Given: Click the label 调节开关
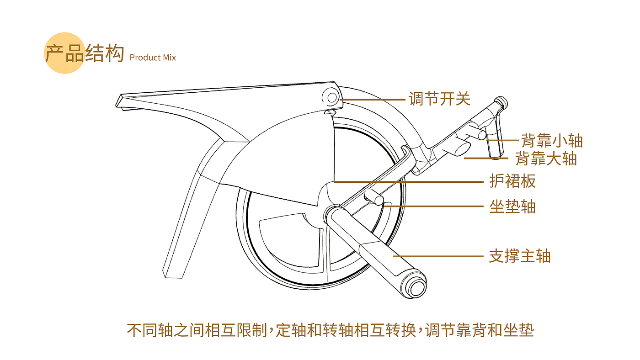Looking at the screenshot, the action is click(439, 99).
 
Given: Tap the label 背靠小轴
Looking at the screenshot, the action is click(552, 140).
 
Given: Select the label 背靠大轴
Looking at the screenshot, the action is click(546, 159).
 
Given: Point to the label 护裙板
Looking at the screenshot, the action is click(512, 181).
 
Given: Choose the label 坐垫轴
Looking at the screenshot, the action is click(512, 206).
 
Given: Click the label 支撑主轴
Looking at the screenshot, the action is click(520, 256).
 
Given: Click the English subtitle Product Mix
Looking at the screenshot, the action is click(153, 58).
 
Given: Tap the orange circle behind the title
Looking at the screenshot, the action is click(65, 53).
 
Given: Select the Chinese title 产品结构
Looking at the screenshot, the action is click(85, 53).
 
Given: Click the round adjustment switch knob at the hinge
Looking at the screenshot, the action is click(332, 98).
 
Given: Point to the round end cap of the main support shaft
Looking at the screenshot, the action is click(415, 287).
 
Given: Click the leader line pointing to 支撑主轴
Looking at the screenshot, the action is click(438, 256).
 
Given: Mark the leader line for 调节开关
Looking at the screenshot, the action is click(373, 100).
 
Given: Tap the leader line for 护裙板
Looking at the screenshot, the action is click(409, 182).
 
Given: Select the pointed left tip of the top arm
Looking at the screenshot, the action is click(117, 105).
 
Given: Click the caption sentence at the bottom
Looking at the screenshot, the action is click(330, 330).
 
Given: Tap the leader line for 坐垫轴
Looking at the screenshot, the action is click(433, 206).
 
